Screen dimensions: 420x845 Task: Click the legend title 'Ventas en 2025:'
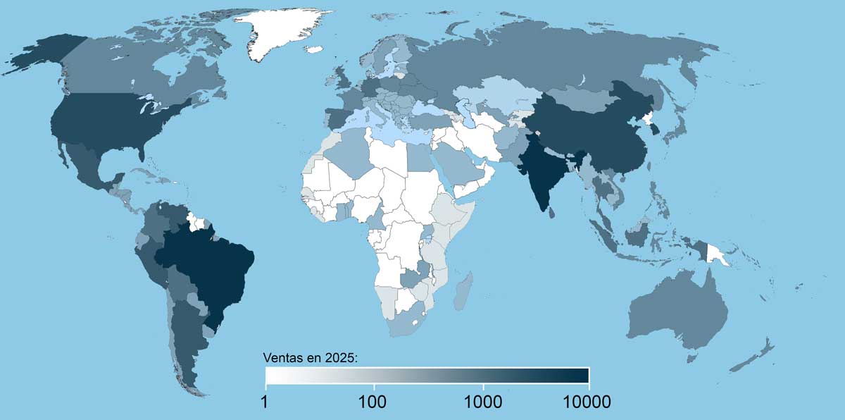click(311, 358)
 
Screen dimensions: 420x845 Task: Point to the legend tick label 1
click(266, 402)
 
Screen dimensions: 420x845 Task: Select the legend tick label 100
click(374, 402)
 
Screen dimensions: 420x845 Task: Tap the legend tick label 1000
click(483, 402)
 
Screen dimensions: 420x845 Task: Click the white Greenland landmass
click(282, 32)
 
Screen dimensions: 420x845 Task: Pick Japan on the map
click(680, 127)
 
